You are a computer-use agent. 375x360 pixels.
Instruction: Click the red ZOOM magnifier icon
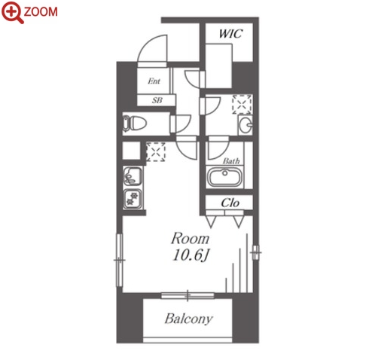point(13,12)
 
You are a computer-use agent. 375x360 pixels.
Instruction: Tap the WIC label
point(230,33)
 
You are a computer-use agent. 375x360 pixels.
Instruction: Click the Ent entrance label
point(154,81)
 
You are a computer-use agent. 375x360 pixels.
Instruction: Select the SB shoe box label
point(157,100)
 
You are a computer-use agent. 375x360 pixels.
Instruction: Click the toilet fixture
point(134,124)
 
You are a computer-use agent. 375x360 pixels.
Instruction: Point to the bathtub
point(224,176)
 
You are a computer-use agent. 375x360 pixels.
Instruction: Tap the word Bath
point(231,160)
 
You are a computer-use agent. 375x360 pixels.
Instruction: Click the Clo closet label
point(230,203)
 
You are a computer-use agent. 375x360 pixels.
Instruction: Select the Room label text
point(190,239)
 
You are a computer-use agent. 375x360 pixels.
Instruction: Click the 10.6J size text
point(191,255)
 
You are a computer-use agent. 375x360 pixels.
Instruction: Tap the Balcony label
point(188,319)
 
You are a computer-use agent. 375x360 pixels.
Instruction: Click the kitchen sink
point(133,176)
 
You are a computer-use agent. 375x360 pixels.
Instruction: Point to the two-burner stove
point(133,199)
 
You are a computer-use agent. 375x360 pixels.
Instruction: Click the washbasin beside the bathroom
point(245,125)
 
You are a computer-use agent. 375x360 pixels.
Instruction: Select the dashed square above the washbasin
point(242,104)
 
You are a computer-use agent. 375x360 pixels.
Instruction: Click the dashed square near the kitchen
point(156,151)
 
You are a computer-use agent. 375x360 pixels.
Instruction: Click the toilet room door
point(180,124)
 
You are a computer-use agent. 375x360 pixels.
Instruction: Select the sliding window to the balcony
point(187,295)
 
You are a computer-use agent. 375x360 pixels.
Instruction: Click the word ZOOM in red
point(41,12)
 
